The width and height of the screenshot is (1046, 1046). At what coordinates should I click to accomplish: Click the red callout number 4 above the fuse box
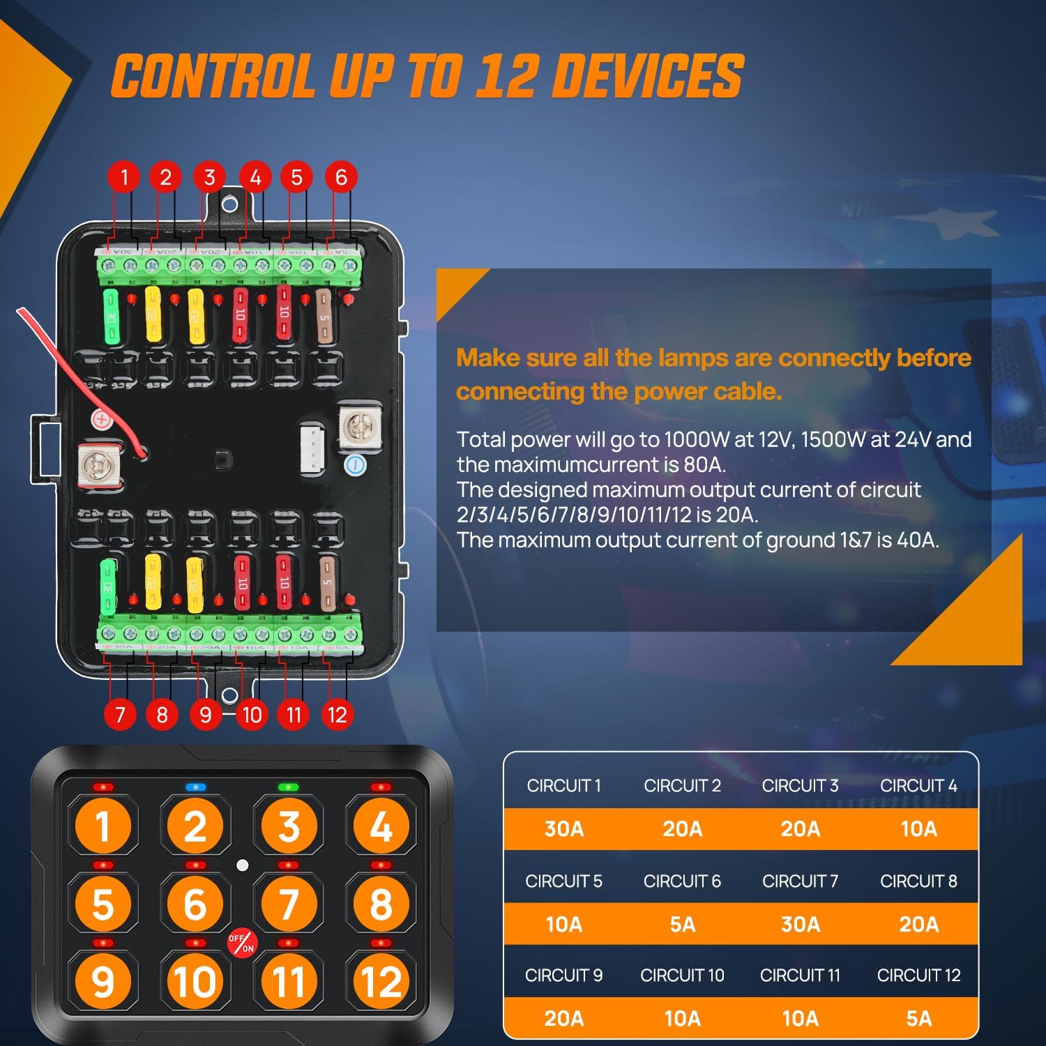click(x=255, y=177)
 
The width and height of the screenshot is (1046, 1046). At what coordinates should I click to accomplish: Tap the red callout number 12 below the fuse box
click(x=337, y=714)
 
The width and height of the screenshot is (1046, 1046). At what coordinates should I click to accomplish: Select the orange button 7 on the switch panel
click(x=289, y=904)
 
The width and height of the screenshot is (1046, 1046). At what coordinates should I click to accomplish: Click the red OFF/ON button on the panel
click(x=242, y=943)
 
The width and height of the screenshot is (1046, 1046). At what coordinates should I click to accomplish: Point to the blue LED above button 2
click(x=196, y=787)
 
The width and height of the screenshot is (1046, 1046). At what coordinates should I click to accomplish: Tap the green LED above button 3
click(x=288, y=787)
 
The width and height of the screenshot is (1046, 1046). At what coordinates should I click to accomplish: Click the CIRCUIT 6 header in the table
click(x=682, y=881)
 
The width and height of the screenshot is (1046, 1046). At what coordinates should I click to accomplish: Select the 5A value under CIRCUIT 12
click(x=918, y=1019)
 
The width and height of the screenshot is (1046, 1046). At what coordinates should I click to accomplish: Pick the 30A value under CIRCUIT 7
click(x=800, y=925)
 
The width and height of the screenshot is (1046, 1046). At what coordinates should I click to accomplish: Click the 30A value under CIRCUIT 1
click(x=563, y=829)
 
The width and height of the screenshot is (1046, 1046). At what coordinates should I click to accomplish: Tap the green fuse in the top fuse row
click(x=111, y=317)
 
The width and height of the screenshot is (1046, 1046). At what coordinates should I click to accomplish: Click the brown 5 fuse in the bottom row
click(x=327, y=583)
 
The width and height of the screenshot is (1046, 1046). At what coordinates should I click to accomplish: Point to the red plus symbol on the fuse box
click(x=102, y=420)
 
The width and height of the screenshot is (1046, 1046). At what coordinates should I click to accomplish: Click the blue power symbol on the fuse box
click(x=356, y=465)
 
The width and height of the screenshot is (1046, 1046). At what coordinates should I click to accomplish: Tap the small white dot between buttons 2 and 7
click(x=242, y=865)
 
